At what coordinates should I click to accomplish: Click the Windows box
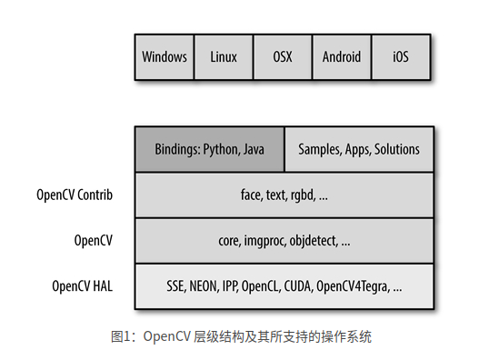click(165, 56)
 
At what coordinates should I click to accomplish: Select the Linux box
click(223, 56)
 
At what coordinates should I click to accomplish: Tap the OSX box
click(282, 56)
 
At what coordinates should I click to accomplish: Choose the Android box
click(341, 56)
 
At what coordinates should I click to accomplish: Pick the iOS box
click(400, 56)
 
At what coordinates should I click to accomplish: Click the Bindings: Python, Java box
click(209, 149)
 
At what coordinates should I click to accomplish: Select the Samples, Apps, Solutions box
click(359, 149)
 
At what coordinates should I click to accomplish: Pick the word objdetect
click(314, 240)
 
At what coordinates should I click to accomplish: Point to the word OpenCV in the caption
click(166, 337)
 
